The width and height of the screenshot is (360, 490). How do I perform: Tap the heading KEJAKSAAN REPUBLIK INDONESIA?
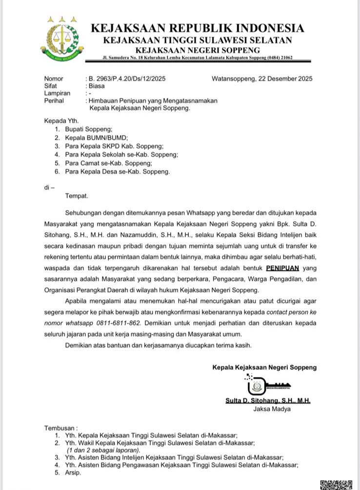[x=197, y=28]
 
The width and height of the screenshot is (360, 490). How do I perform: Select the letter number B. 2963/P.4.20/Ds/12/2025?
[x=125, y=78]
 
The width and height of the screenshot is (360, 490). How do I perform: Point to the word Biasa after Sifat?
[x=96, y=86]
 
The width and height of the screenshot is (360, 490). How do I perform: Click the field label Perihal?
[x=54, y=100]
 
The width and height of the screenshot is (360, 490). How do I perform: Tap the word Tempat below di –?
[x=77, y=196]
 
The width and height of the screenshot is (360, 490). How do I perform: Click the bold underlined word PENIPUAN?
[x=282, y=268]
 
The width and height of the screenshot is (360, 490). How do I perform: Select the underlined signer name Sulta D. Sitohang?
[x=268, y=401]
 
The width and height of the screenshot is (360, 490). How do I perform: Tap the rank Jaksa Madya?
[x=272, y=409]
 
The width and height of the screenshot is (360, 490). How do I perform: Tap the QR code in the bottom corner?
[x=336, y=485]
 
